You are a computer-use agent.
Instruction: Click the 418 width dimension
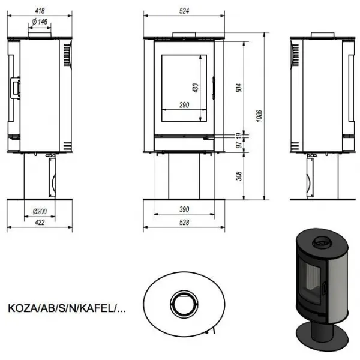pos(40,11)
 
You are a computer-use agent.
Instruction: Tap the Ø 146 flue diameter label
pos(40,22)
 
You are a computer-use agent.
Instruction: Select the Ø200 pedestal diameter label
pos(40,211)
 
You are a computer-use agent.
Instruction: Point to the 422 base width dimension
pos(40,222)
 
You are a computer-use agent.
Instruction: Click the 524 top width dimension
pos(184,11)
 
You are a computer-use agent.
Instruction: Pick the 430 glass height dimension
pos(196,88)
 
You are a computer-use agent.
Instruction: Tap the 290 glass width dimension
pos(184,105)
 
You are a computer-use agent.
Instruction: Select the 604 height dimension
pos(239,88)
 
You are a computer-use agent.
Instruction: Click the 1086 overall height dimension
pos(259,116)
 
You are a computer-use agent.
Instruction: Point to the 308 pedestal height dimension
pos(239,176)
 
